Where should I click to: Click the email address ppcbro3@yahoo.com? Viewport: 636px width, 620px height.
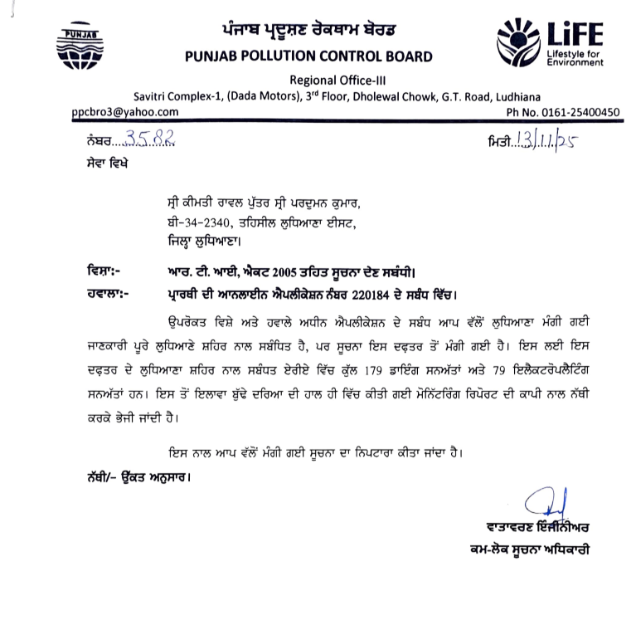pyautogui.click(x=124, y=111)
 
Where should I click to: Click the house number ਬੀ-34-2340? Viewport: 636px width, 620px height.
pyautogui.click(x=197, y=222)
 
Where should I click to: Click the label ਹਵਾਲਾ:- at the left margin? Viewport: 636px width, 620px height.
pyautogui.click(x=105, y=292)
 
